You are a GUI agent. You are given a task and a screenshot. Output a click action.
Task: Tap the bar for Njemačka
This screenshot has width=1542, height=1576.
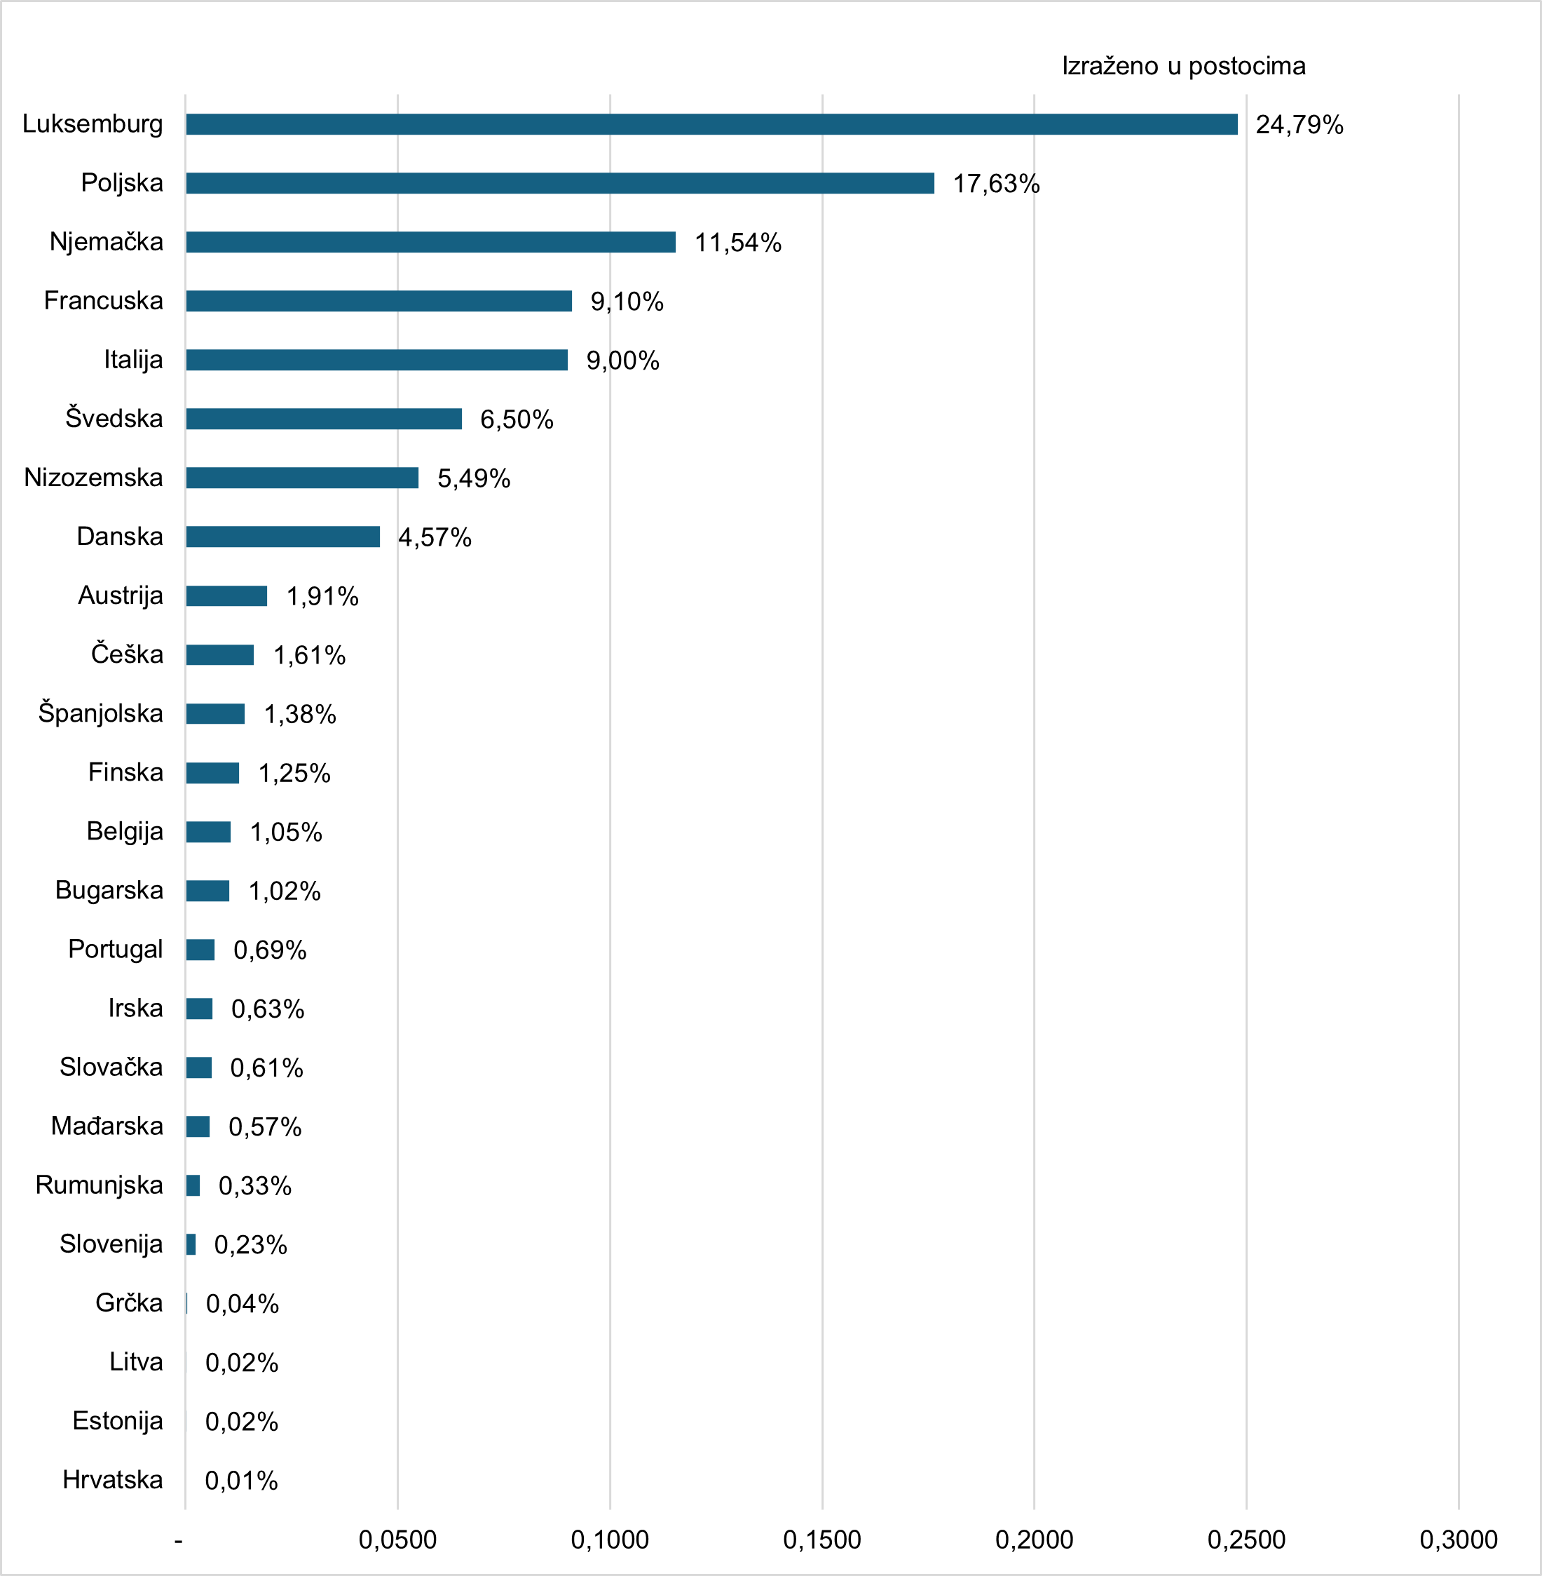tap(430, 242)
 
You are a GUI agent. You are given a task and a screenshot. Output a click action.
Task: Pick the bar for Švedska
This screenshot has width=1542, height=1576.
tap(323, 419)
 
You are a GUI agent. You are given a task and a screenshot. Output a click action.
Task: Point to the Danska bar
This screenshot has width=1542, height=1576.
tap(282, 537)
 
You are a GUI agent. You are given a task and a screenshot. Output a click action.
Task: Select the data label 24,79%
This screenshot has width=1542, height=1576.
tap(1299, 125)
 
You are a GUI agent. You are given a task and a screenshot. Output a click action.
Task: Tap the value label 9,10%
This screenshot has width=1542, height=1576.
tap(627, 302)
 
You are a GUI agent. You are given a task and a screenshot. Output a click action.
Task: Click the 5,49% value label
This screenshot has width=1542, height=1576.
tap(474, 478)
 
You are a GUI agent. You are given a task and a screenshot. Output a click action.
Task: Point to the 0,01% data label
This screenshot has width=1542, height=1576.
tap(241, 1481)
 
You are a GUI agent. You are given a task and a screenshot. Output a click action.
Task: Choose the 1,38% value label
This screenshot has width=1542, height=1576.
tap(300, 714)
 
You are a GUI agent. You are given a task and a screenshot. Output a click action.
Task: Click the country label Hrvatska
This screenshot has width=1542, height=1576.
tap(113, 1480)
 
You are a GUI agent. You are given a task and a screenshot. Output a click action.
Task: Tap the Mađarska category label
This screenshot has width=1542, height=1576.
tap(107, 1126)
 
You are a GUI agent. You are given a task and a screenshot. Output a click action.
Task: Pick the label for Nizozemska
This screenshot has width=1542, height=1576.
tap(93, 477)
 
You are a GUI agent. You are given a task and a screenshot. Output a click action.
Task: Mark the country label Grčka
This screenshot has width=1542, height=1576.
tap(129, 1302)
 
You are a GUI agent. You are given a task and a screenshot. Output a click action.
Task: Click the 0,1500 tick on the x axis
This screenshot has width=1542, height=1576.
tap(822, 1540)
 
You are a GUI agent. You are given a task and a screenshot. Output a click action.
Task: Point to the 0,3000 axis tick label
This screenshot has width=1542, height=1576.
tap(1459, 1540)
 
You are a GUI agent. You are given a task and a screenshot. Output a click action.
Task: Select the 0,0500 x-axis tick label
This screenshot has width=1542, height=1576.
tap(397, 1540)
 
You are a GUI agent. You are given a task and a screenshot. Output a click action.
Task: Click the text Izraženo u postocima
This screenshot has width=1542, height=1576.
tap(1183, 66)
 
